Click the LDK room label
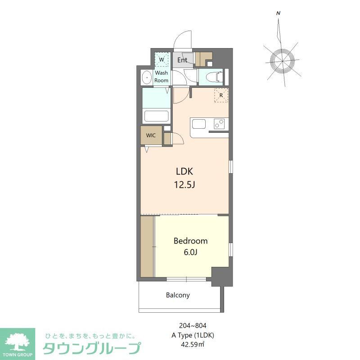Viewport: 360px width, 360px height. click(x=184, y=171)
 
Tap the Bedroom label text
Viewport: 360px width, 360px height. click(x=190, y=241)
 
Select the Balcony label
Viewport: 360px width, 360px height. click(x=178, y=296)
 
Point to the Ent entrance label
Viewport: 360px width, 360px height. click(x=182, y=60)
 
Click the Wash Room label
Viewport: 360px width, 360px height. click(x=162, y=76)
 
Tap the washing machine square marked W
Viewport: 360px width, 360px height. click(x=161, y=59)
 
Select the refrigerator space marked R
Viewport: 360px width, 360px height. click(x=221, y=95)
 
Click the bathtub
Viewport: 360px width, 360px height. click(x=156, y=116)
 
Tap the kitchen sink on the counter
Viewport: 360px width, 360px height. click(x=198, y=123)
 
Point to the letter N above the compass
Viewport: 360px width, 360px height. click(x=279, y=13)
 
